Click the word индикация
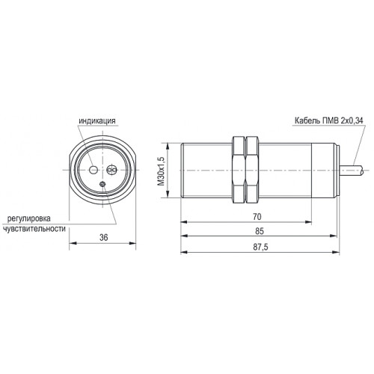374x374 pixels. pos(97,121)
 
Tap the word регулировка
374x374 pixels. pos(29,218)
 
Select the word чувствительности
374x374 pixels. pos(34,229)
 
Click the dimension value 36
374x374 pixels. pos(104,237)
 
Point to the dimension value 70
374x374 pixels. pos(257,217)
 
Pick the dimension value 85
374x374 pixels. pos(260,231)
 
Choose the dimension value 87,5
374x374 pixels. pos(260,247)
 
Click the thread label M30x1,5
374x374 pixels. pos(162,171)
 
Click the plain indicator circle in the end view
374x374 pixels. pos(93,170)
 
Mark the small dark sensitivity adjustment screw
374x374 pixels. pos(102,184)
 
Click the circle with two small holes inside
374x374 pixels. pos(111,170)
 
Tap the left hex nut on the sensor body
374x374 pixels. pos(239,170)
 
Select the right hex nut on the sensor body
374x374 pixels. pos(251,170)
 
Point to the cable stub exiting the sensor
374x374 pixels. pos(352,171)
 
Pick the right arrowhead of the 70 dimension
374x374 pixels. pos(308,221)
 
